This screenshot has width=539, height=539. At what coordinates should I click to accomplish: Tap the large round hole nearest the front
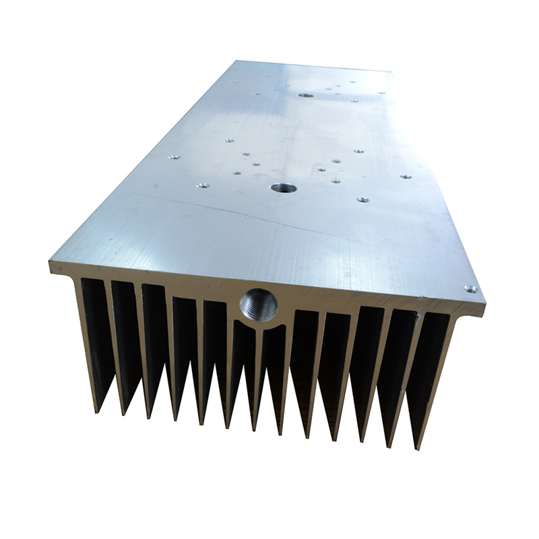280,188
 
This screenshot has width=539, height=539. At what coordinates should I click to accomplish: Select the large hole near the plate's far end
306,96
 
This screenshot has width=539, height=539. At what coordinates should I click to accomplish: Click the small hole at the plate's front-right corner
470,290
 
